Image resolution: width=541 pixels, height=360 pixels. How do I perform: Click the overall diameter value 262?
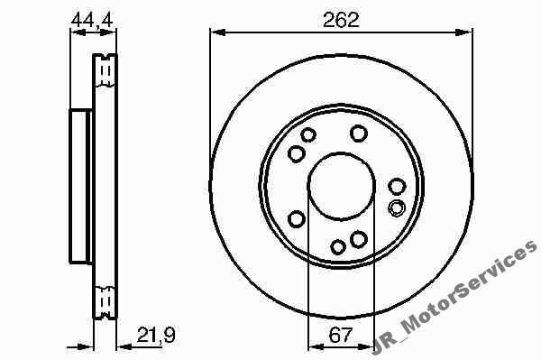[341, 20]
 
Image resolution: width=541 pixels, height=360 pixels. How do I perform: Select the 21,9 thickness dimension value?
[156, 335]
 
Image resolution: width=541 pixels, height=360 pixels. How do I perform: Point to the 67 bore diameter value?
[341, 335]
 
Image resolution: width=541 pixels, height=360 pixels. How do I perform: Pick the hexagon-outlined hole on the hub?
[397, 208]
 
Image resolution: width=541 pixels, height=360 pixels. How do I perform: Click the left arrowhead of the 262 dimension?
[218, 32]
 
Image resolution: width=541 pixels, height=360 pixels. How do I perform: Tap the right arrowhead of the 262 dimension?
[464, 32]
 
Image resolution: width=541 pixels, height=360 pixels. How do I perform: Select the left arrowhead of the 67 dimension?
[316, 346]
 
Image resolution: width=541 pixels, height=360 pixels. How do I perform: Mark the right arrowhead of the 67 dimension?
[366, 346]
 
